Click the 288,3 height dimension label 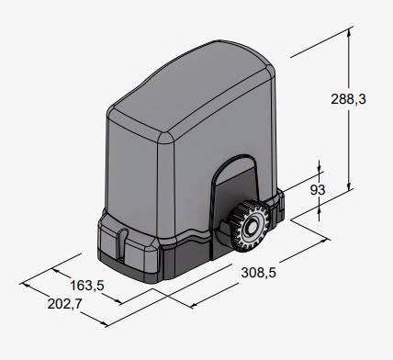coord(348,99)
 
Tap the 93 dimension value coord(318,190)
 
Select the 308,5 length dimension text coord(259,273)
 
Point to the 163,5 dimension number coord(87,286)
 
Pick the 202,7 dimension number coord(65,304)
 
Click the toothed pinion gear coord(248,225)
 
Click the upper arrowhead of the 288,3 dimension coord(348,32)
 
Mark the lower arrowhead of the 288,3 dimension coord(348,186)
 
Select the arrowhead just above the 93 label coord(320,169)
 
